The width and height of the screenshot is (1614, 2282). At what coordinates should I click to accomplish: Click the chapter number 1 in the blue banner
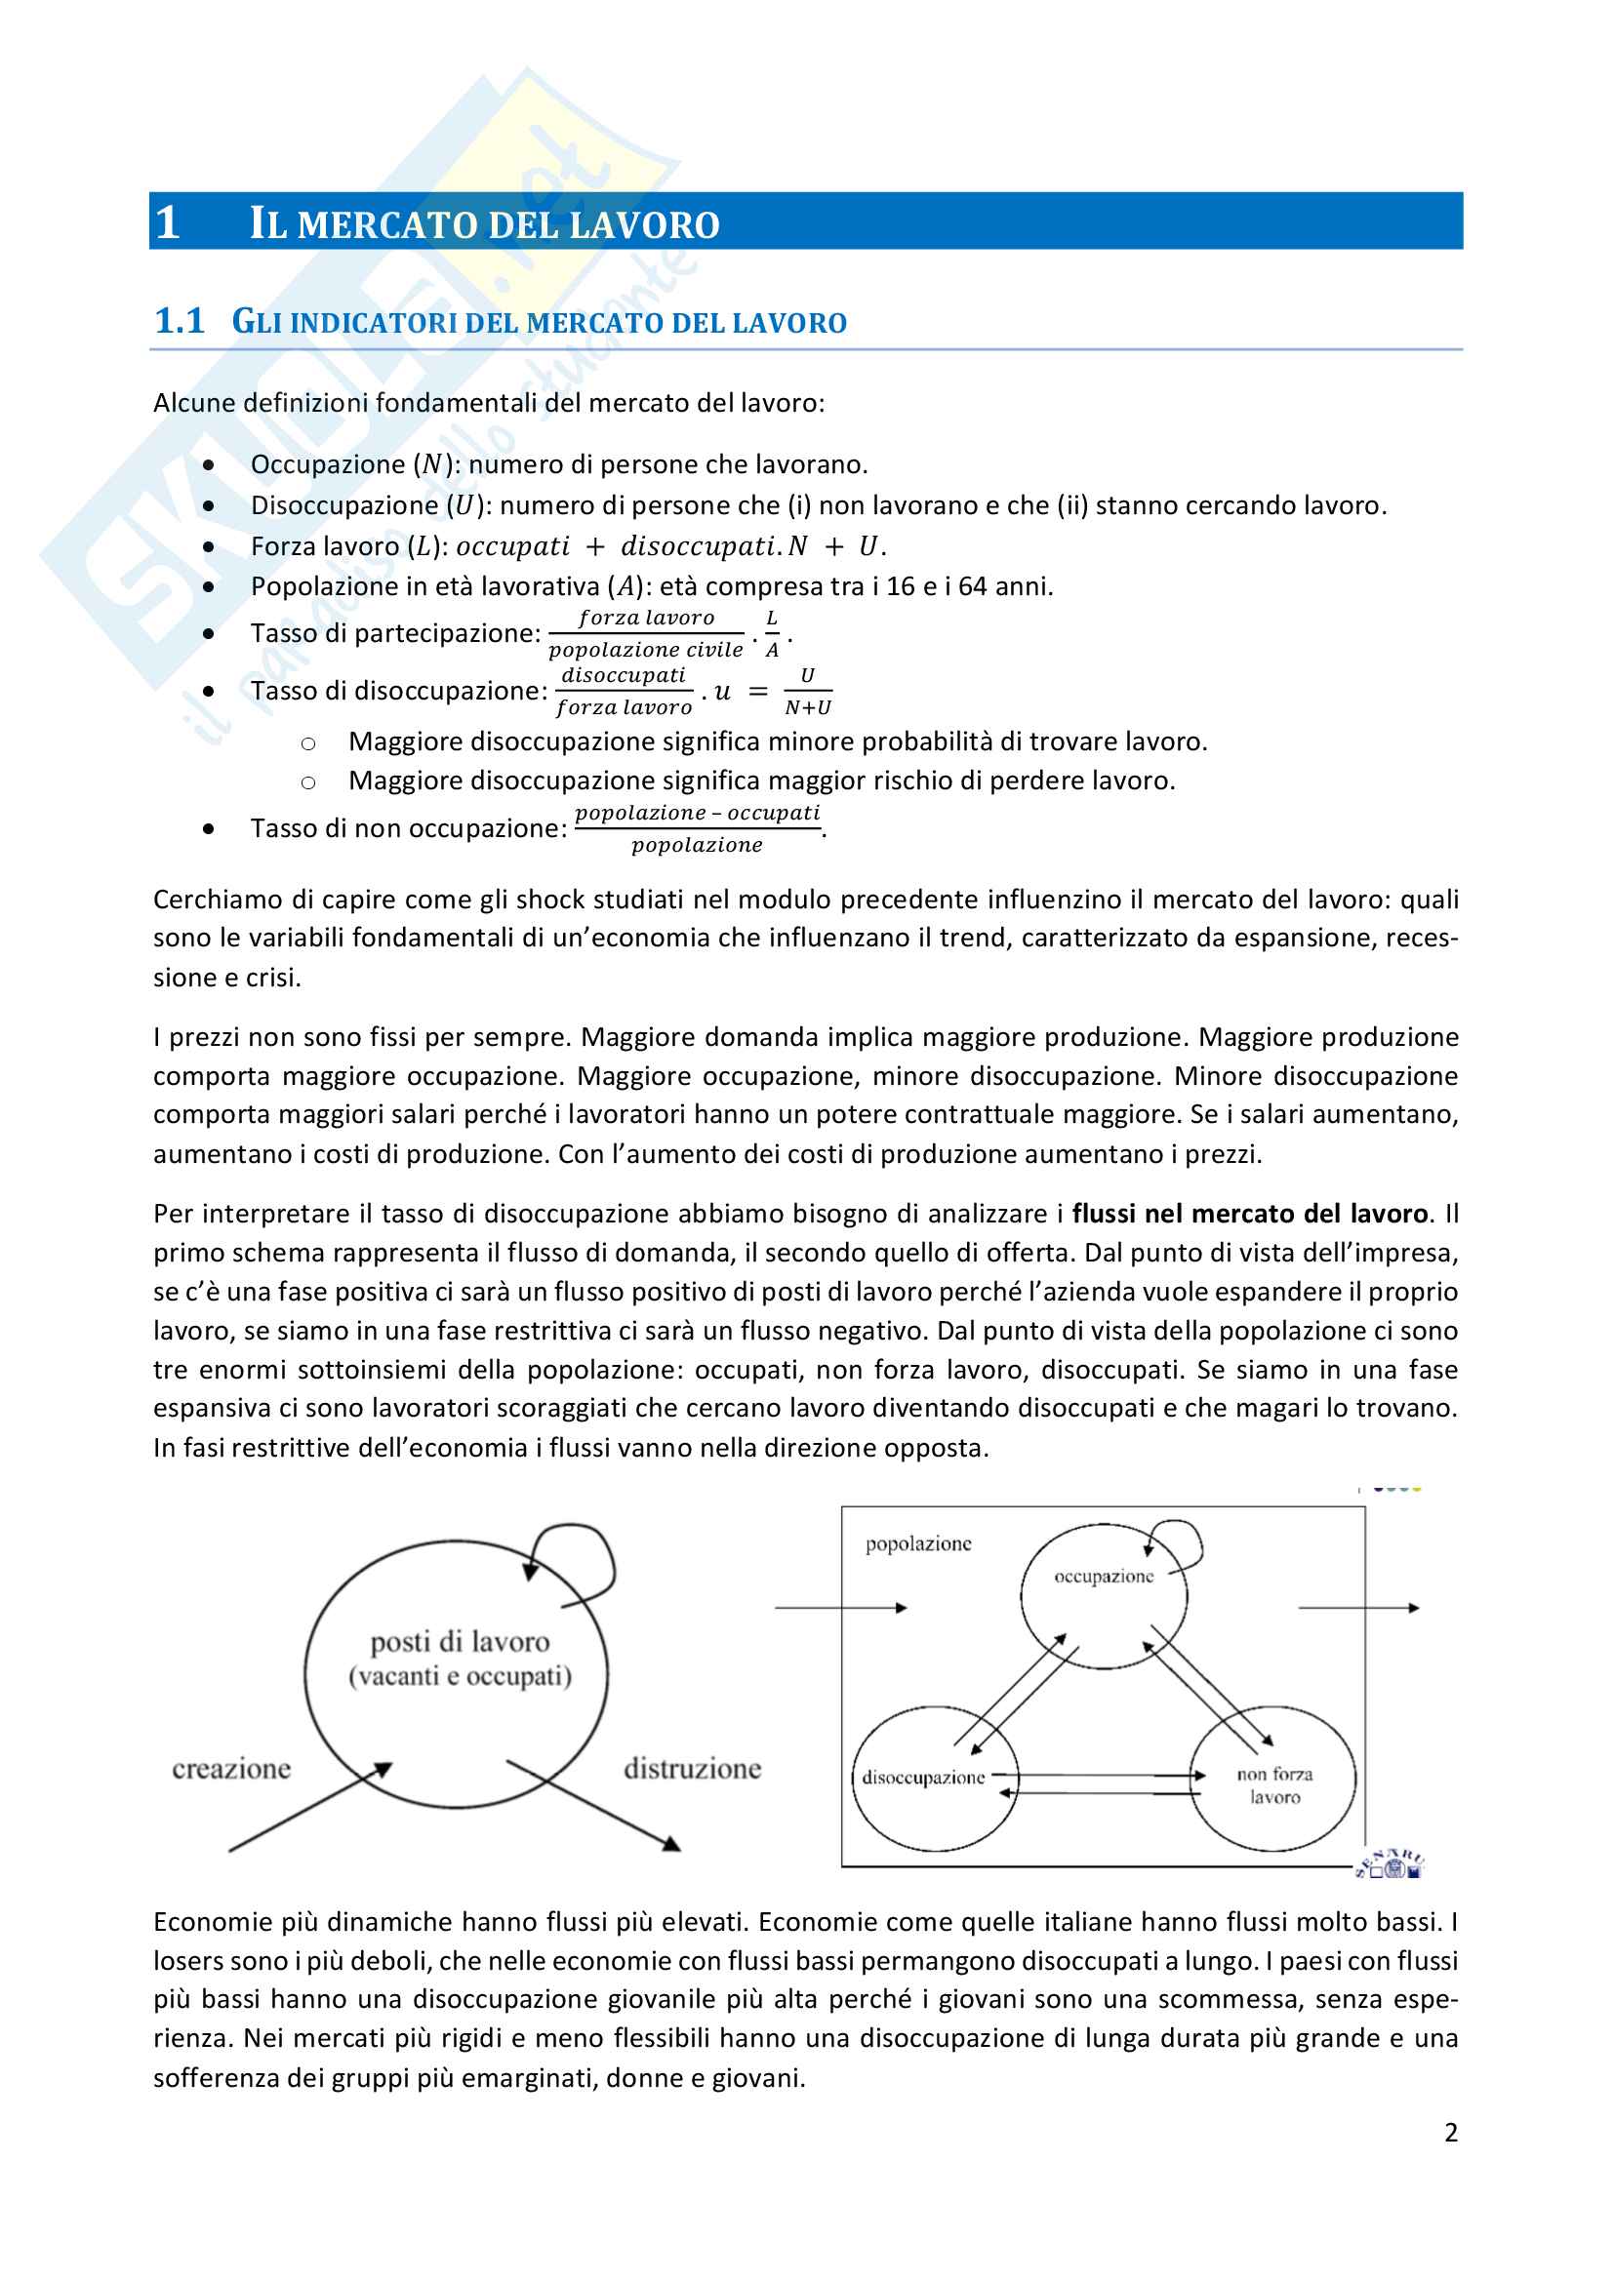pyautogui.click(x=167, y=221)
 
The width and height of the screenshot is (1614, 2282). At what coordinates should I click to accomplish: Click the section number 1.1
pyautogui.click(x=179, y=321)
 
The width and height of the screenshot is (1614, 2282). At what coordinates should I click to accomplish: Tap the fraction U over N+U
pyautogui.click(x=807, y=691)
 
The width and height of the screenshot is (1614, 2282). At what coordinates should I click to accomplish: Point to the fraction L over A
pyautogui.click(x=772, y=633)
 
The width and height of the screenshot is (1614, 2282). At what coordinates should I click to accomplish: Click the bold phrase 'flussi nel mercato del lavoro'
pyautogui.click(x=1249, y=1214)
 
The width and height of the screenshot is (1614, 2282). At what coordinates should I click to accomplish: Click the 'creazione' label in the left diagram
pyautogui.click(x=231, y=1768)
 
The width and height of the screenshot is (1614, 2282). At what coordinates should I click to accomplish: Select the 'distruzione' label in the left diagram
pyautogui.click(x=692, y=1768)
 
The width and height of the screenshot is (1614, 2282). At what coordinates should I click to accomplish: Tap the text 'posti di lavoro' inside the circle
pyautogui.click(x=460, y=1642)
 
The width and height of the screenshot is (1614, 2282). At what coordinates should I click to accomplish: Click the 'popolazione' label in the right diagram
pyautogui.click(x=917, y=1543)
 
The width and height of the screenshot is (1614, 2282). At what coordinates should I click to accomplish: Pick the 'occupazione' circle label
pyautogui.click(x=1104, y=1577)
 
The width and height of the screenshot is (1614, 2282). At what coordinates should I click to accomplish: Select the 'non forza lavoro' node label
pyautogui.click(x=1274, y=1785)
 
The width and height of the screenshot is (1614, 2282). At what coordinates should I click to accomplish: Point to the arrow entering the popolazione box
pyautogui.click(x=840, y=1607)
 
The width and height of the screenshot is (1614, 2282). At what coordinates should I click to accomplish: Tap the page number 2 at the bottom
pyautogui.click(x=1451, y=2132)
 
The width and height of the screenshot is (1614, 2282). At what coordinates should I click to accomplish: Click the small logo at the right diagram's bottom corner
pyautogui.click(x=1391, y=1864)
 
